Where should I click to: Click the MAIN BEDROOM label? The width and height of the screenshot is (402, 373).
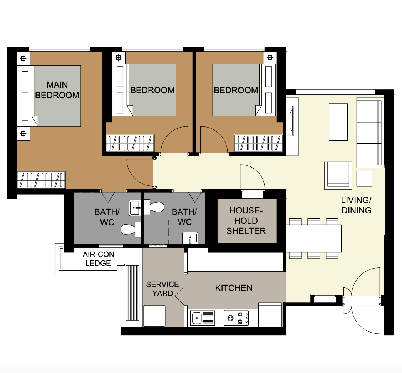57,90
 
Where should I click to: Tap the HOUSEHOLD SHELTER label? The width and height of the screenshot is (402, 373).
246,221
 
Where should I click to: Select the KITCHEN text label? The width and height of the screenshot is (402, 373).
234,288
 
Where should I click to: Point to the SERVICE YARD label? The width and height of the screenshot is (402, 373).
162,289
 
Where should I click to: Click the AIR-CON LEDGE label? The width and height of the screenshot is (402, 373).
98,259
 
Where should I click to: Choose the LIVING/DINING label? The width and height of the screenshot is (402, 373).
356,205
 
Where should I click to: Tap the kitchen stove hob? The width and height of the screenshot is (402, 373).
236,318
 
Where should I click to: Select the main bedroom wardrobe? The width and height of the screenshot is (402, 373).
41,180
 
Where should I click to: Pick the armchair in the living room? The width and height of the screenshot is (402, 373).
338,175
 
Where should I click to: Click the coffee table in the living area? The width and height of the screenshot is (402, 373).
338,122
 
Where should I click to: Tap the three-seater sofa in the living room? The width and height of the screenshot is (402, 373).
370,132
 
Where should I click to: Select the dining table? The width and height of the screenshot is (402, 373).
314,239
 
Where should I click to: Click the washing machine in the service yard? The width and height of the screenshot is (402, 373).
154,316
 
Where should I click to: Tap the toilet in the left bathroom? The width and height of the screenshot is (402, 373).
129,230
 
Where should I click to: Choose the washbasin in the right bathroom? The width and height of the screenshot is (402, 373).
190,238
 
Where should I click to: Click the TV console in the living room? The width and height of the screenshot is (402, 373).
292,126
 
